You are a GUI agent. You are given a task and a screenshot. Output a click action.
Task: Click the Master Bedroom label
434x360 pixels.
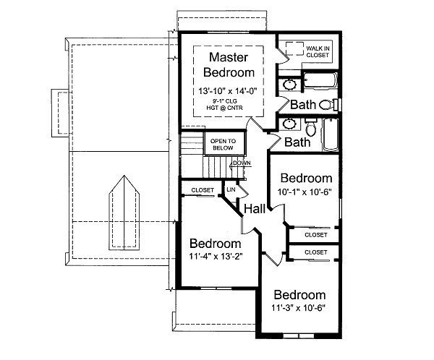229,64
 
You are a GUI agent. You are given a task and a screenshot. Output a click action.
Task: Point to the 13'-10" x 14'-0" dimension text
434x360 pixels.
229,90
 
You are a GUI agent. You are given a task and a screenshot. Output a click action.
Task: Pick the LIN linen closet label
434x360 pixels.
231,189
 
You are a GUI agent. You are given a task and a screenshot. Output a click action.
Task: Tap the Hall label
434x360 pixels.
255,209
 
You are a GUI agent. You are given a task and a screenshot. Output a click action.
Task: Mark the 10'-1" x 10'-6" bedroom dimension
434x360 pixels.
306,192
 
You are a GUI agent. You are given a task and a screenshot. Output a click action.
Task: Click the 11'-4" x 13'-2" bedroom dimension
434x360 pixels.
215,257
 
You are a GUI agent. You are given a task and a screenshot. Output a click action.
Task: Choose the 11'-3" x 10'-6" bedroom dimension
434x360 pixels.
299,308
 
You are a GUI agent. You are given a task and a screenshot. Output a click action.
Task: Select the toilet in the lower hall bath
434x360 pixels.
310,130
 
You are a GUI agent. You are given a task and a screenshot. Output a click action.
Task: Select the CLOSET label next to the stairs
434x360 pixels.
203,190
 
